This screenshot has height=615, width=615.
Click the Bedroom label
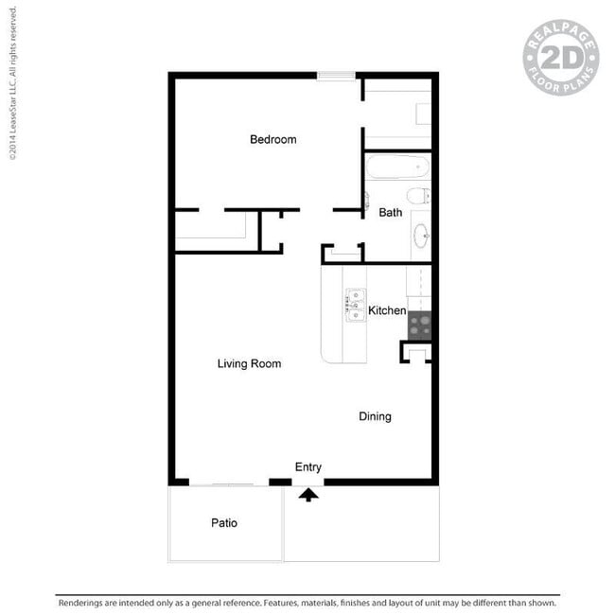(273, 139)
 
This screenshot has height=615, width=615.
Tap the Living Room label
(249, 363)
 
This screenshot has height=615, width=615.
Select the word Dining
(375, 416)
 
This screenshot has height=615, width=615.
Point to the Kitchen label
(387, 310)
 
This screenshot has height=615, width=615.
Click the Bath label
(390, 213)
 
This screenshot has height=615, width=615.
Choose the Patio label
(224, 523)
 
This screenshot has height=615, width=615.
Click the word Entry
(308, 467)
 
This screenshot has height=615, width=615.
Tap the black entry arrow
(308, 495)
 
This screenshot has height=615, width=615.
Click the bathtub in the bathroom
(397, 167)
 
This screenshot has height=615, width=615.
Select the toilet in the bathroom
(418, 196)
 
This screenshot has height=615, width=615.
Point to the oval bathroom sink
(421, 236)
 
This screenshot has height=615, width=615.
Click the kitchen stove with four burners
(420, 325)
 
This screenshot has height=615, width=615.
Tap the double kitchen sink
(356, 306)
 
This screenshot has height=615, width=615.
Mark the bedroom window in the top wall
(336, 76)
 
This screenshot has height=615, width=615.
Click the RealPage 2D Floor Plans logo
(561, 58)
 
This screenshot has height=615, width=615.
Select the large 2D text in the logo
(561, 58)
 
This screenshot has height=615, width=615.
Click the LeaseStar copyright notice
(12, 83)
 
